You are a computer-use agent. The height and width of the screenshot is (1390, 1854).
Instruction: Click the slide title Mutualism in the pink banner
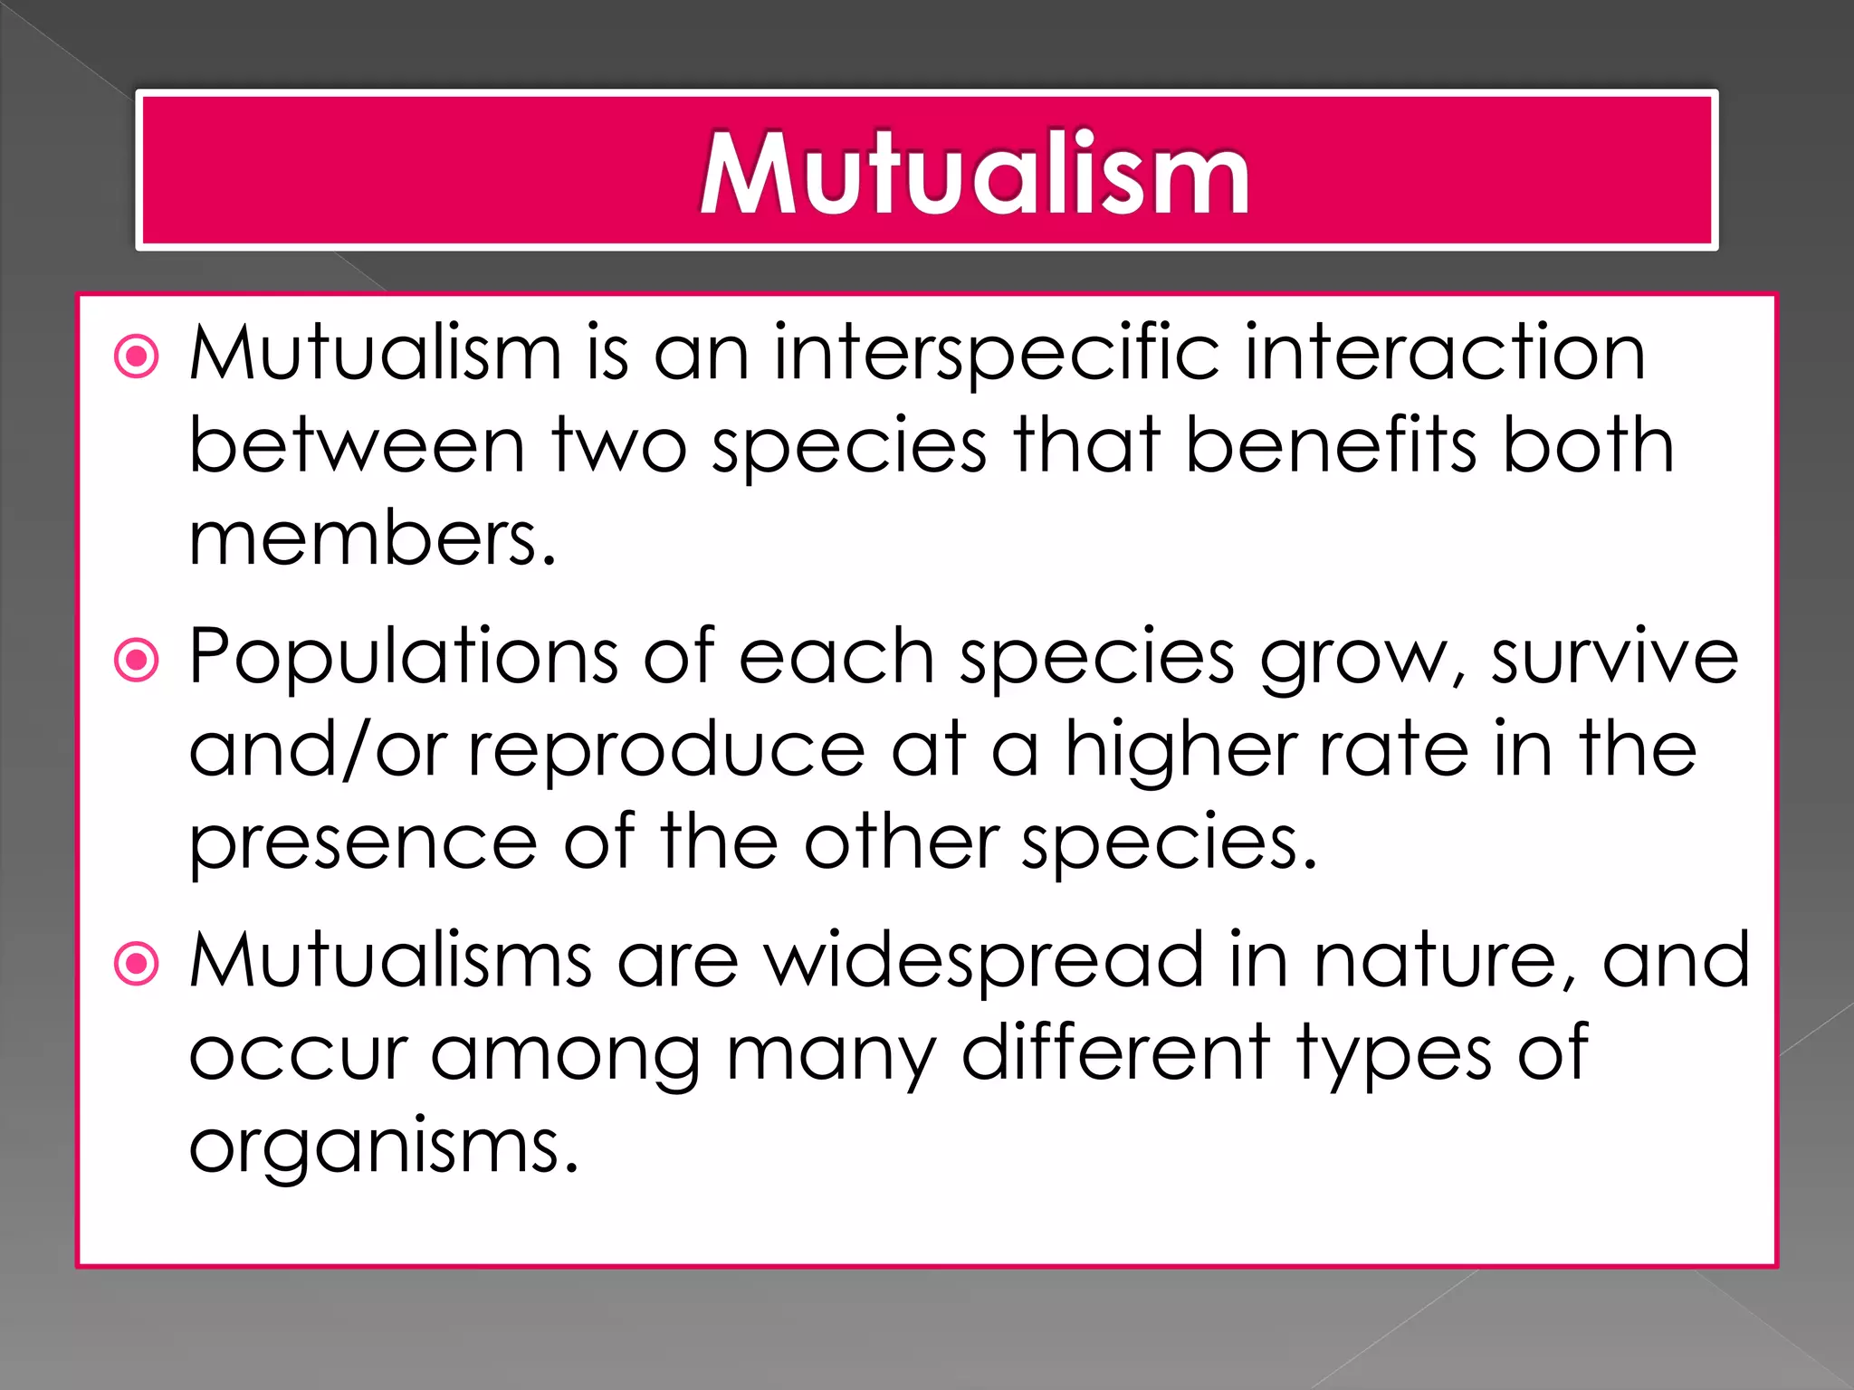[974, 173]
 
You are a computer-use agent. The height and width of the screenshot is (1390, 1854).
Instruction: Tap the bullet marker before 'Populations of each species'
[137, 660]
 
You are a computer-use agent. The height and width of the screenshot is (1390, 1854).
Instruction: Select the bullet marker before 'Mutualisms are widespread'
[137, 964]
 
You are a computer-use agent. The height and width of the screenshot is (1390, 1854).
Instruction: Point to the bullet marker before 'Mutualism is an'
[137, 357]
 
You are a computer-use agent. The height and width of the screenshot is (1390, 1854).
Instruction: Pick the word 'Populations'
[403, 658]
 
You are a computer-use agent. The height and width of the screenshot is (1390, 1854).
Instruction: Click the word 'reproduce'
[666, 752]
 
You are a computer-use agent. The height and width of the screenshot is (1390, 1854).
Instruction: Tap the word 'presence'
[363, 843]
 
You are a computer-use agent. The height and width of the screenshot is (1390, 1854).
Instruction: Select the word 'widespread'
[984, 960]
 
